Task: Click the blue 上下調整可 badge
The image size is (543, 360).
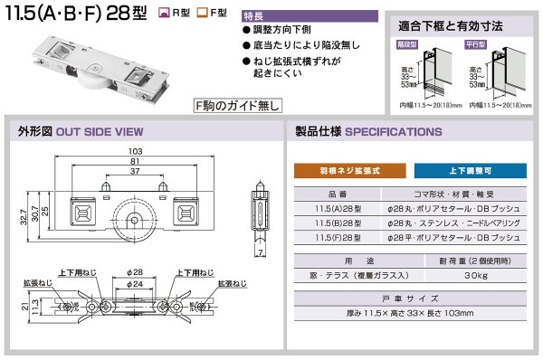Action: [x=471, y=170]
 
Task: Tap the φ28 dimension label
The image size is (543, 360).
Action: [x=136, y=272]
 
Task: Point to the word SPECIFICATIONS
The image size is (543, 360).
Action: [x=394, y=132]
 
